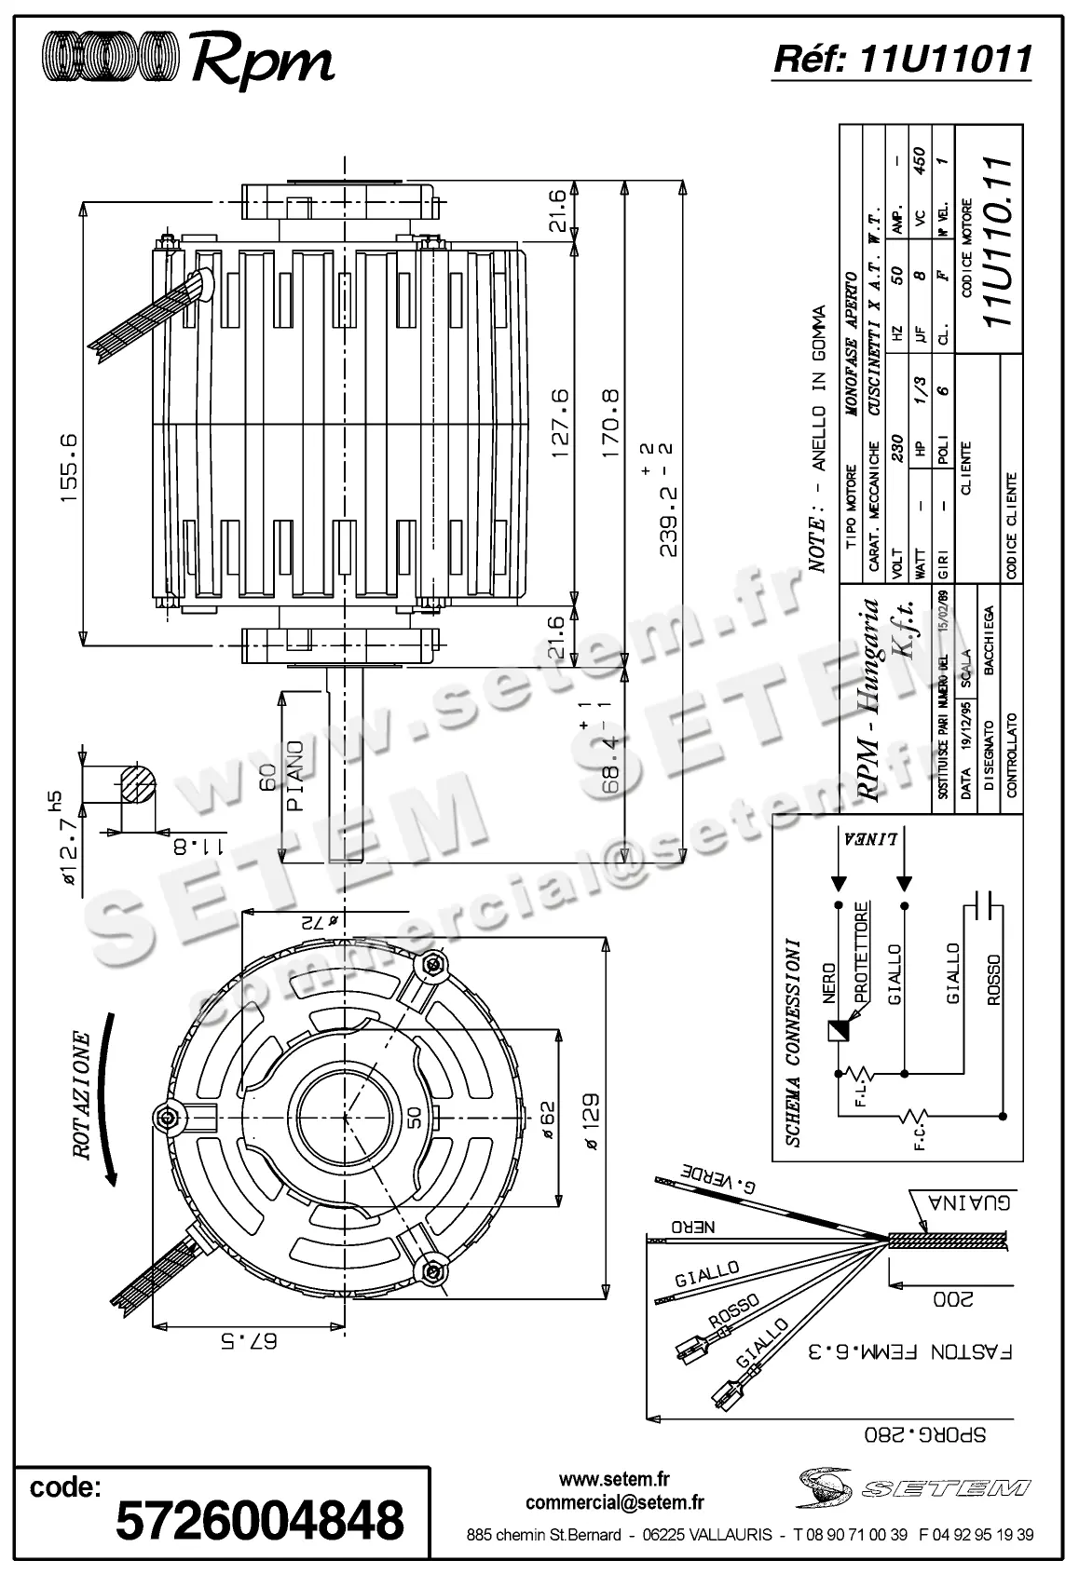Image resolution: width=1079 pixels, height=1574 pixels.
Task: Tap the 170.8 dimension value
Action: [610, 424]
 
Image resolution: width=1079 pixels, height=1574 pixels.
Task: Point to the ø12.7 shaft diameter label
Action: [64, 852]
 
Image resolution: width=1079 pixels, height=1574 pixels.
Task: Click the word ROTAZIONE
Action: [82, 1095]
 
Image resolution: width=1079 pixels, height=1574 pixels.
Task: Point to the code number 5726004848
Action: [260, 1519]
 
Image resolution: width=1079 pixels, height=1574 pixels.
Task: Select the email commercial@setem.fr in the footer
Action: [614, 1502]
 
